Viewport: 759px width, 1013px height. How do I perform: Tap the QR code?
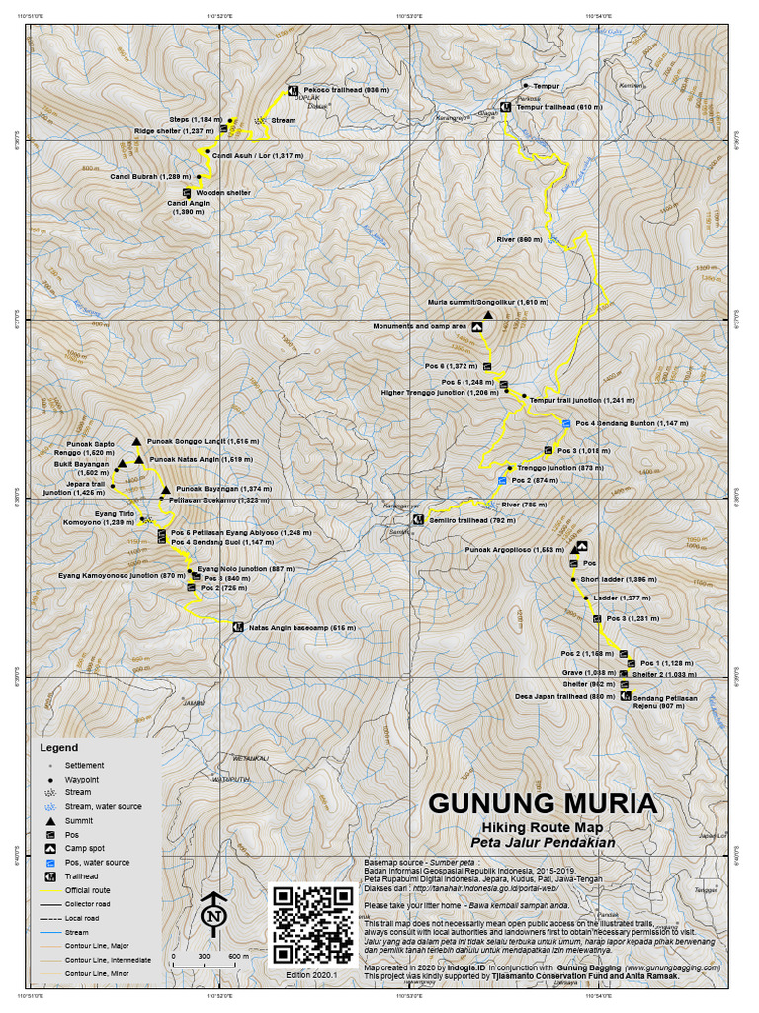(312, 925)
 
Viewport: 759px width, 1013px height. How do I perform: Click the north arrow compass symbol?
(211, 914)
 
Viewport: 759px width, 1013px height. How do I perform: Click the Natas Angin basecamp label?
(301, 626)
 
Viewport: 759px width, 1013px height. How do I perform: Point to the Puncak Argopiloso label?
(514, 548)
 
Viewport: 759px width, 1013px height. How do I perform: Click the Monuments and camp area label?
(419, 325)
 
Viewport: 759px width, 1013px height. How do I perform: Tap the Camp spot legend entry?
(86, 848)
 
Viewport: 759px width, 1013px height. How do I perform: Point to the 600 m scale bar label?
(238, 957)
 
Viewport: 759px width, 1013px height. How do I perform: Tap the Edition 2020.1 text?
(311, 975)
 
